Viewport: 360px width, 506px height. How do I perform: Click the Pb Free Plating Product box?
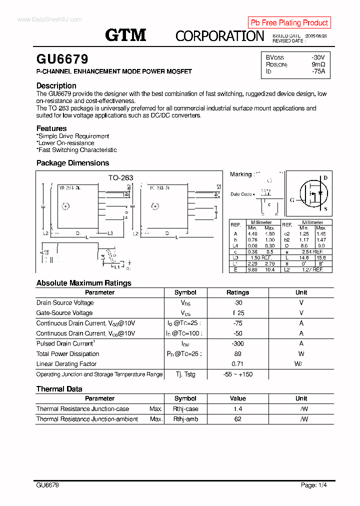coord(289,22)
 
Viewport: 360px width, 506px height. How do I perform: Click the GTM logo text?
coord(125,35)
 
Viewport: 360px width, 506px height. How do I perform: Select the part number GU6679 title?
coord(62,59)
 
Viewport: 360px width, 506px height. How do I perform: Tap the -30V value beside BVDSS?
coord(318,57)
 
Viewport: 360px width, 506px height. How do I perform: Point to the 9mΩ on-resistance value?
coord(318,64)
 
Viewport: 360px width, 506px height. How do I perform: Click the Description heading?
coord(56,85)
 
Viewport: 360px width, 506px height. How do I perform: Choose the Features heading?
coord(51,128)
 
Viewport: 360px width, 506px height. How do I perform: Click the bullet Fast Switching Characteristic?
coord(77,150)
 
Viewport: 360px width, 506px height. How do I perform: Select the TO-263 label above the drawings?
coord(120,177)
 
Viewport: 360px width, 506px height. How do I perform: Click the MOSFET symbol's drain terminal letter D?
coord(325,177)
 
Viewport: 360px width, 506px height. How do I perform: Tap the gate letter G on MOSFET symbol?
coord(291,200)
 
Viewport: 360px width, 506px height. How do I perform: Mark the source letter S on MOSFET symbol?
coord(325,209)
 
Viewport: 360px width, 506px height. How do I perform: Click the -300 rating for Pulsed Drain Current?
coord(237,343)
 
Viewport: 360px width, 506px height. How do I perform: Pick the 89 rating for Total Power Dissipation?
coord(237,354)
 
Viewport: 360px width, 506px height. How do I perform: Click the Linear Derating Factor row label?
coord(66,364)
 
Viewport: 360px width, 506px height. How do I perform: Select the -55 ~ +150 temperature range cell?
coord(237,374)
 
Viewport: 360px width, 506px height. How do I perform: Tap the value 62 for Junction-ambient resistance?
coord(237,419)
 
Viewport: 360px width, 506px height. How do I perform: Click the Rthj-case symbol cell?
coord(185,409)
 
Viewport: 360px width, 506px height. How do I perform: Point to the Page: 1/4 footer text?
coord(314,485)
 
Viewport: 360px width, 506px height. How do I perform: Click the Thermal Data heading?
coord(59,389)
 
